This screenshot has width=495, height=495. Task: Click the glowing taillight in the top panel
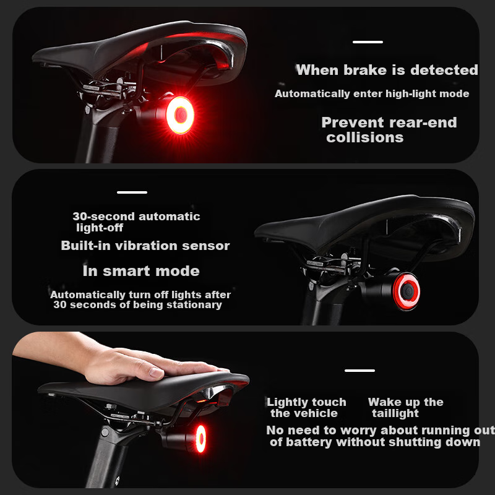tap(180, 115)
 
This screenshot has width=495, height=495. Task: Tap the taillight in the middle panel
tap(407, 291)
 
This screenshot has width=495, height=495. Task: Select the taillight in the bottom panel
tap(200, 439)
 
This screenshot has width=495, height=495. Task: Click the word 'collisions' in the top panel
tap(365, 137)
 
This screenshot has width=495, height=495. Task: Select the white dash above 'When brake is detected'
tap(368, 42)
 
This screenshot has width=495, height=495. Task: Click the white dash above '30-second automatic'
tap(132, 192)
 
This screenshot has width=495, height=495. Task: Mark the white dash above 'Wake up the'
tap(359, 371)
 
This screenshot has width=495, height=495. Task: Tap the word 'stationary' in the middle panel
tap(194, 305)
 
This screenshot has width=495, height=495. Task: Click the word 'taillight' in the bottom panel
tap(395, 413)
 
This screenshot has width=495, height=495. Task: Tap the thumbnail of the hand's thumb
tap(157, 372)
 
